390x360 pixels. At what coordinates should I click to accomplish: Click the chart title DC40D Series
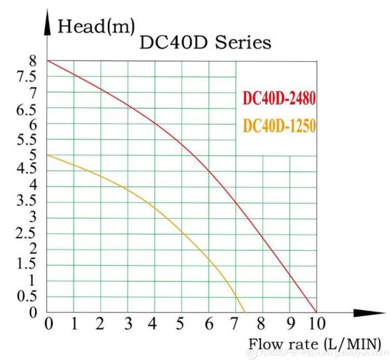click(x=205, y=43)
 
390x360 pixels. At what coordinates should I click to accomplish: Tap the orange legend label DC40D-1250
click(x=279, y=126)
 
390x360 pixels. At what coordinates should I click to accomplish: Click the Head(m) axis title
click(x=96, y=25)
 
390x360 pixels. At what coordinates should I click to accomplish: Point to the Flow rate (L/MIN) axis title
click(x=314, y=343)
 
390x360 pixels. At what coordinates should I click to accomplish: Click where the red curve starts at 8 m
click(x=47, y=61)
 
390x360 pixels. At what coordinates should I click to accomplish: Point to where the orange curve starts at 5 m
click(x=47, y=155)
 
